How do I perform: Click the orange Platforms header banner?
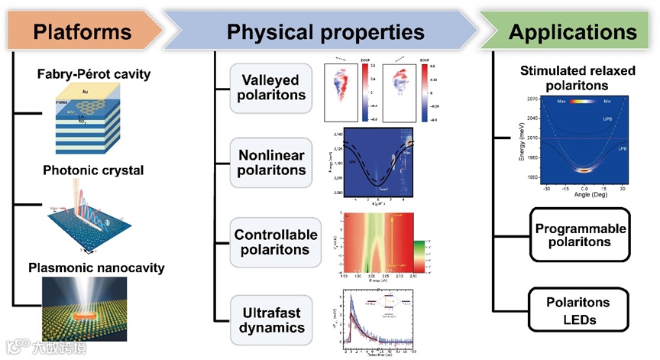[80, 31]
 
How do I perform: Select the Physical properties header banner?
[325, 31]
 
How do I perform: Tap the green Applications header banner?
[572, 31]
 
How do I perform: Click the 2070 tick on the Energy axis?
[532, 99]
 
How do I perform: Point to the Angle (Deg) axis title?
[584, 195]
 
